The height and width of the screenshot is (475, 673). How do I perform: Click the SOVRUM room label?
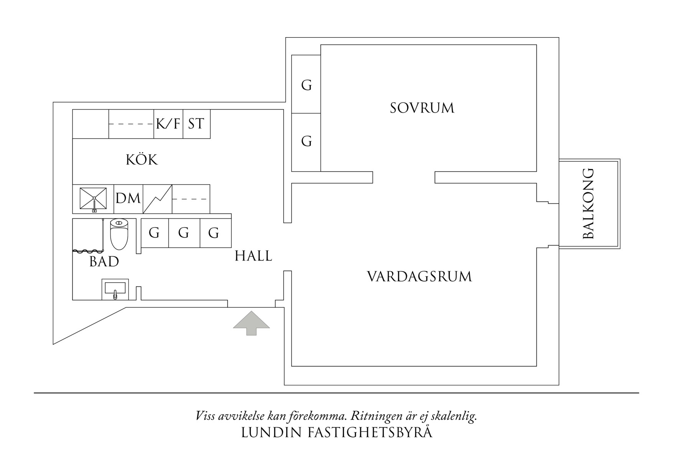pyautogui.click(x=422, y=108)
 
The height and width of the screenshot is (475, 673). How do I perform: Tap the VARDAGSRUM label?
pyautogui.click(x=419, y=277)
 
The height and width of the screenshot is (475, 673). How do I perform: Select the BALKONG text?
pyautogui.click(x=588, y=203)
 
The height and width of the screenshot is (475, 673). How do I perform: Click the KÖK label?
pyautogui.click(x=142, y=160)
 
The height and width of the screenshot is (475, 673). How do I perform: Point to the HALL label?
pyautogui.click(x=253, y=256)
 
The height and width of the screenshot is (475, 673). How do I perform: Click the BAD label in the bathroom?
pyautogui.click(x=104, y=262)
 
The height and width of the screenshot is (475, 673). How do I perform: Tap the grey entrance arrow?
pyautogui.click(x=251, y=323)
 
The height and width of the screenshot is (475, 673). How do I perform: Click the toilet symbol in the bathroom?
pyautogui.click(x=119, y=234)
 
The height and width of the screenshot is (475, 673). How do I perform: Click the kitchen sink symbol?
pyautogui.click(x=93, y=199)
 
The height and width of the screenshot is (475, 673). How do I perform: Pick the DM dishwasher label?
pyautogui.click(x=128, y=199)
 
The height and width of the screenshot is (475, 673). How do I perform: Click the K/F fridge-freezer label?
pyautogui.click(x=168, y=124)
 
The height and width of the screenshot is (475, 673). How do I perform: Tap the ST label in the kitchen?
pyautogui.click(x=196, y=124)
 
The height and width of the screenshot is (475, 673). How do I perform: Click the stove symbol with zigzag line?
pyautogui.click(x=157, y=199)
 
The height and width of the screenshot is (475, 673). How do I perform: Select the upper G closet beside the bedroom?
pyautogui.click(x=306, y=85)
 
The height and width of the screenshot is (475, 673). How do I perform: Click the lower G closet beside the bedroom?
pyautogui.click(x=306, y=141)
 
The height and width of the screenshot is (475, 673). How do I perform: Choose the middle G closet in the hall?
pyautogui.click(x=184, y=233)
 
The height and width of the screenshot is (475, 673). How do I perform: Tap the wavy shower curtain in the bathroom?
pyautogui.click(x=88, y=251)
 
